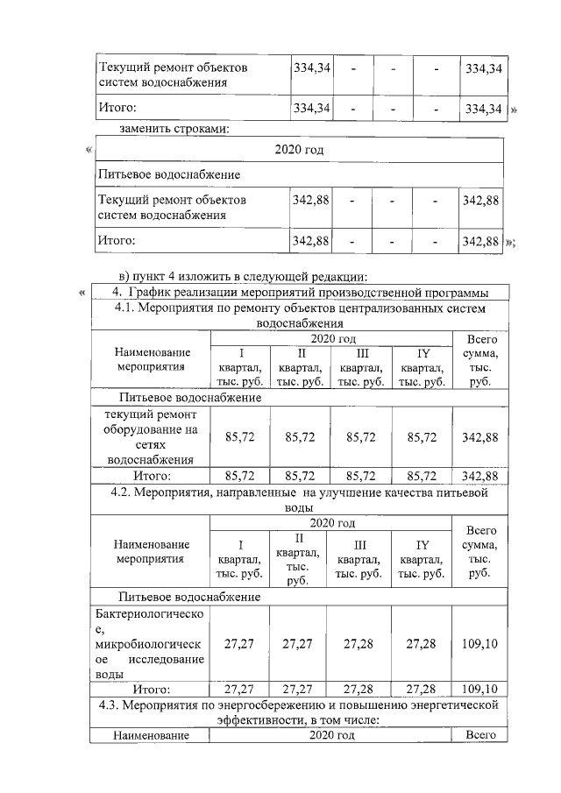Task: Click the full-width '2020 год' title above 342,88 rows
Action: [x=299, y=150]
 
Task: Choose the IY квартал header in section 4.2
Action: [x=422, y=558]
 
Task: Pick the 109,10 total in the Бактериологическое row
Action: [x=480, y=644]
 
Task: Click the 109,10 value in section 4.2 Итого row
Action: [x=480, y=688]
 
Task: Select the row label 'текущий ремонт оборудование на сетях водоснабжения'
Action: [x=150, y=436]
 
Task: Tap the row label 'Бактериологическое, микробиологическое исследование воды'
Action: [x=150, y=644]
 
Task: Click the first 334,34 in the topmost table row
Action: [x=311, y=67]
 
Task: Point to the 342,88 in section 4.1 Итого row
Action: [x=479, y=476]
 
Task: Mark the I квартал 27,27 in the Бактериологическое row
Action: [x=239, y=644]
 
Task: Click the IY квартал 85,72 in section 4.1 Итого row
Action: [x=422, y=476]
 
